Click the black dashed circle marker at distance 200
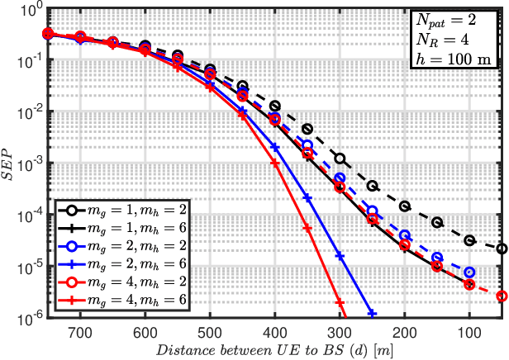[405, 206]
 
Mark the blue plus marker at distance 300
[340, 256]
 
